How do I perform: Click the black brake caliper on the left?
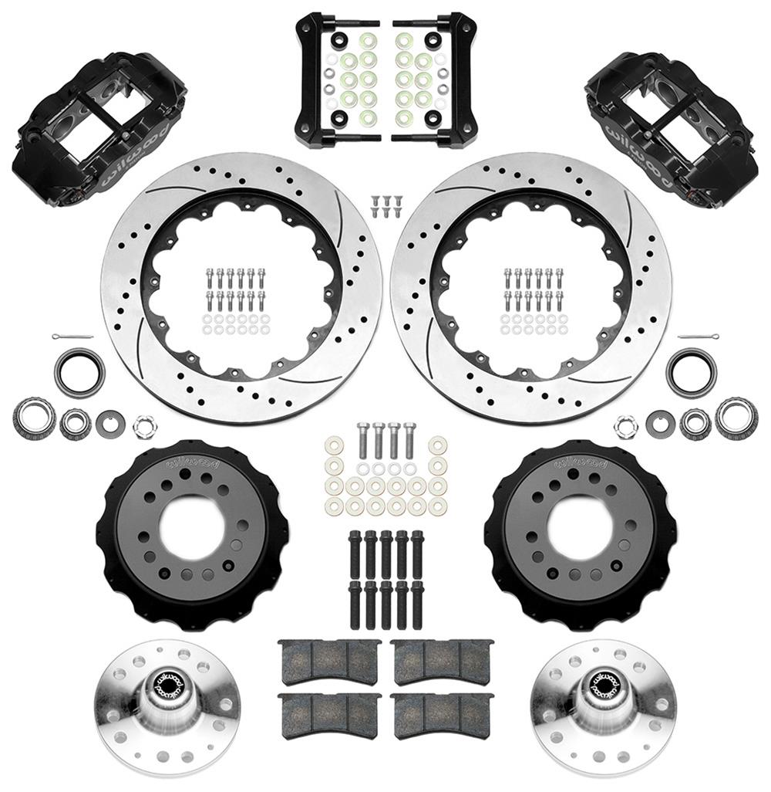click(x=96, y=127)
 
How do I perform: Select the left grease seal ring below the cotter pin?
click(x=79, y=371)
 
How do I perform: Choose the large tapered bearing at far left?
click(x=33, y=418)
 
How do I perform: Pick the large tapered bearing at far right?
click(x=736, y=417)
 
